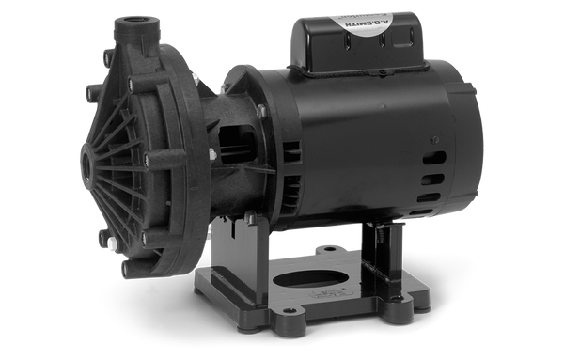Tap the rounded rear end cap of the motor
470,141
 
